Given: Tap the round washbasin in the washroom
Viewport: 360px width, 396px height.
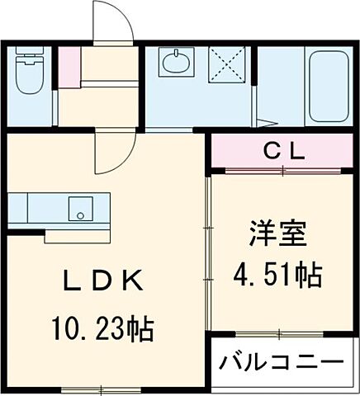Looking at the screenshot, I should click(176, 63).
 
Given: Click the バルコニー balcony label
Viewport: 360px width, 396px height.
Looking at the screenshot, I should click(280, 364).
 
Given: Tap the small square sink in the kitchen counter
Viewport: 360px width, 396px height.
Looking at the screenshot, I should click(81, 207).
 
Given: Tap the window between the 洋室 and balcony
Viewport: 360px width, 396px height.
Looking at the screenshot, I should click(280, 333).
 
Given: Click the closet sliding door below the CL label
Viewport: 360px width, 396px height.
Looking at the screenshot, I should click(280, 170).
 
